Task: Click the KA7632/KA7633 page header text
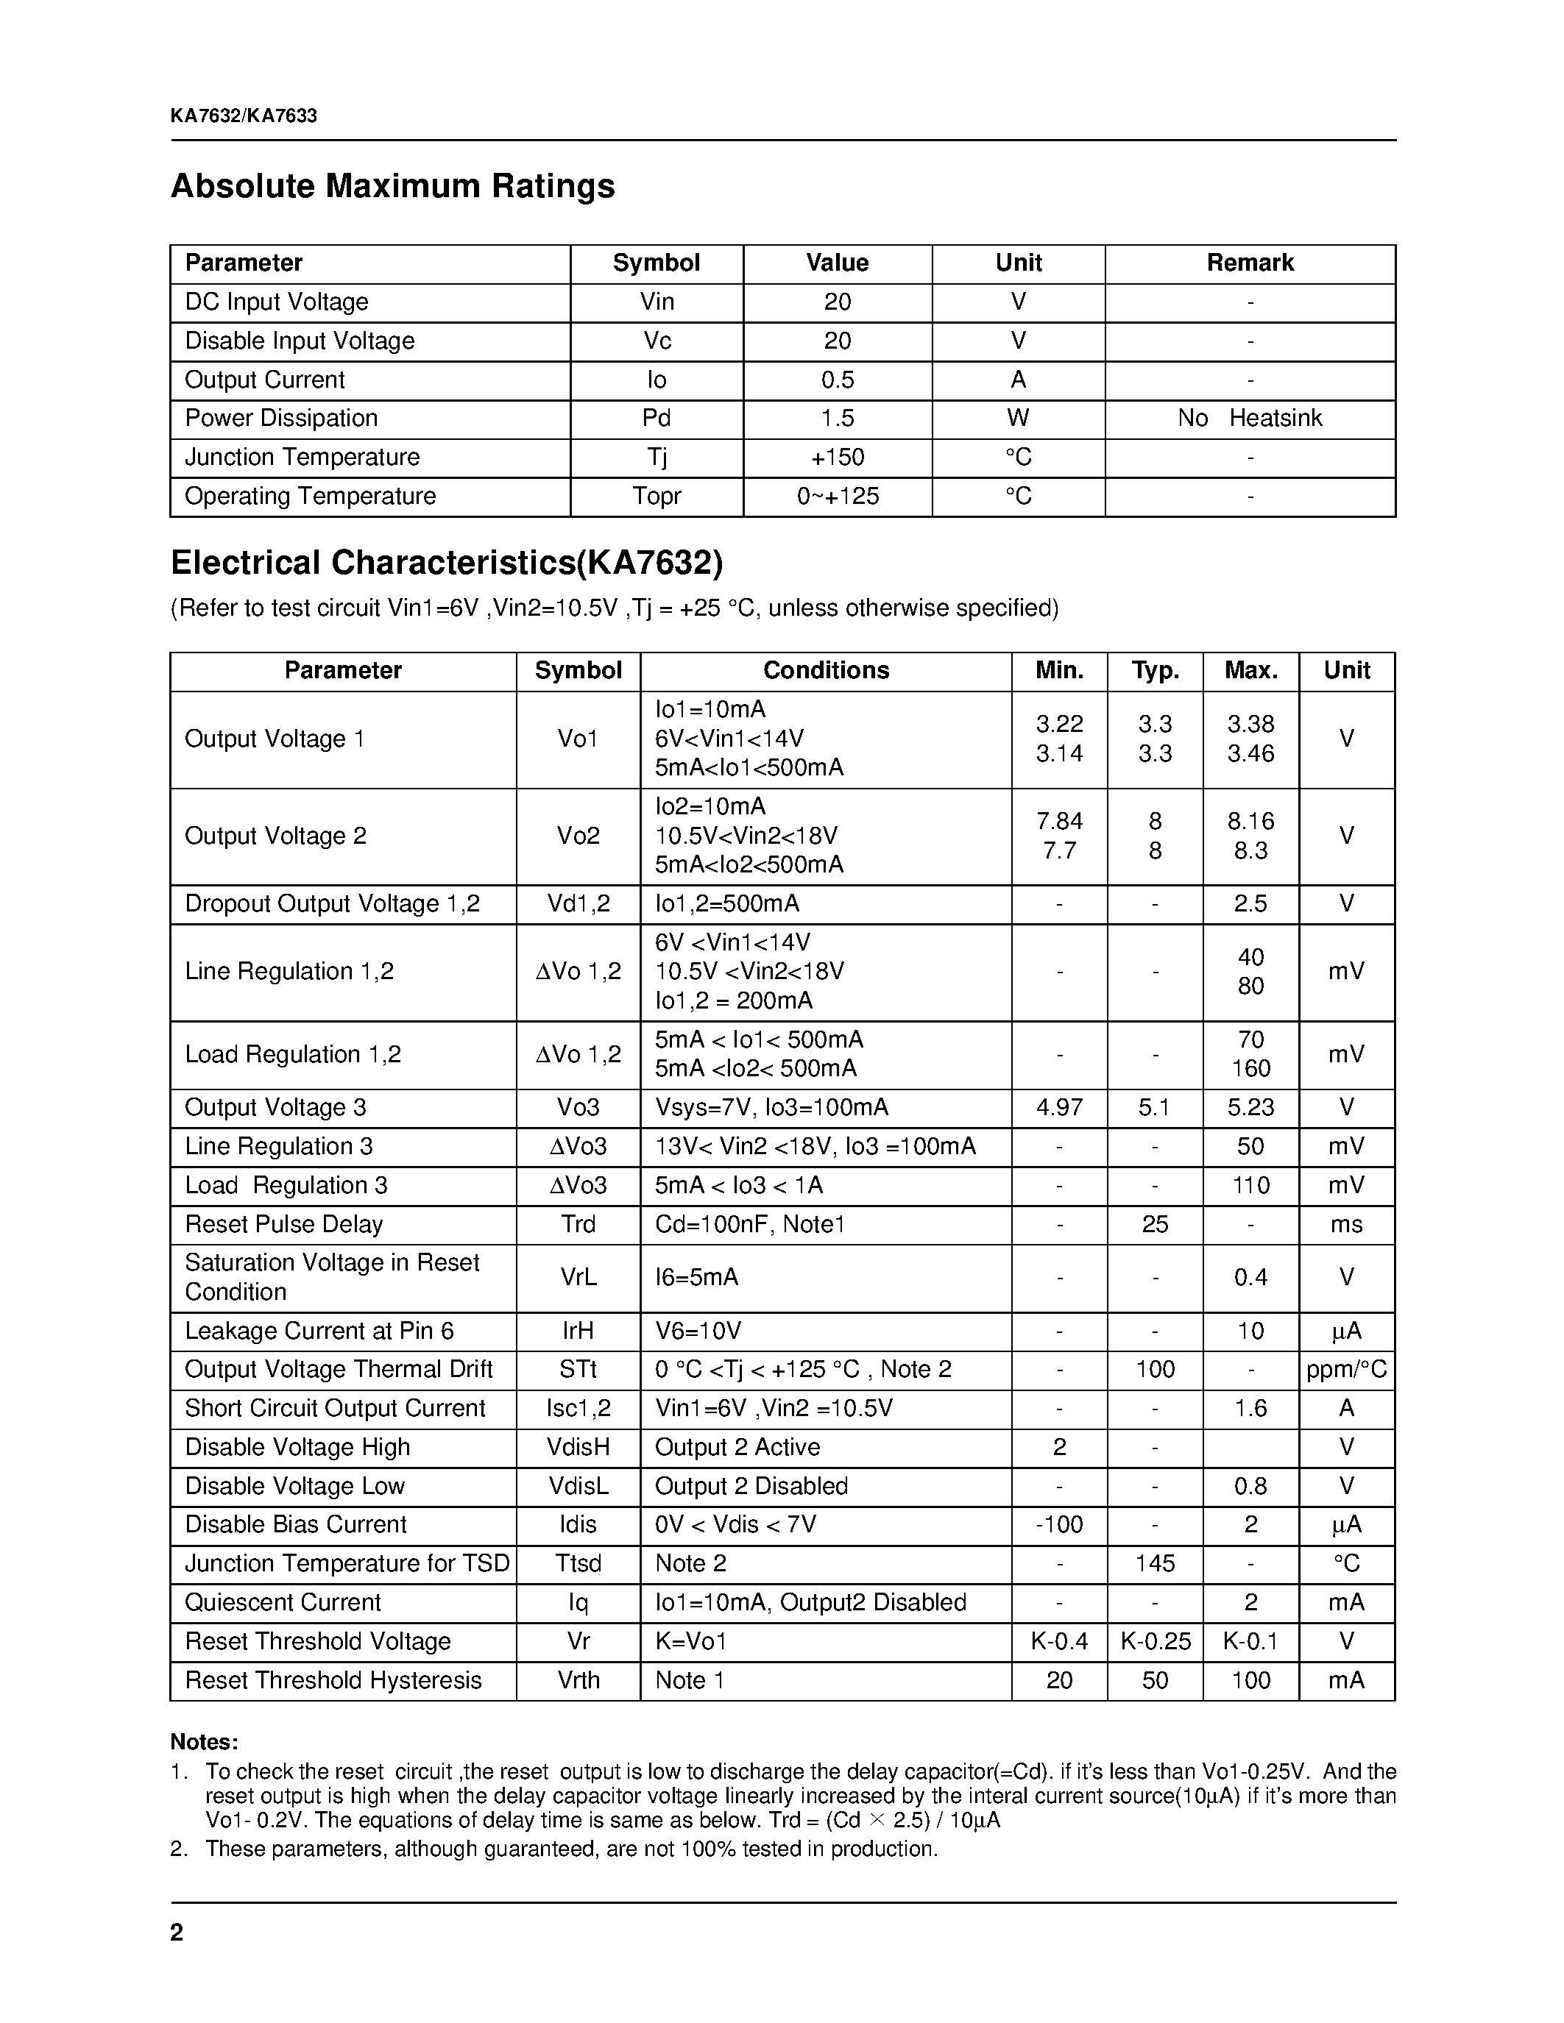pos(244,115)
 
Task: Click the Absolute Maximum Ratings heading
pos(392,186)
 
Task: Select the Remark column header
pos(1249,263)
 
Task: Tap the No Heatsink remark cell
pos(1249,419)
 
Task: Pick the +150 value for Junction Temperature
pos(837,458)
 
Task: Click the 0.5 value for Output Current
pos(837,380)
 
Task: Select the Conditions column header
pos(826,671)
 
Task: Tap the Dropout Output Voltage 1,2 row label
pos(332,904)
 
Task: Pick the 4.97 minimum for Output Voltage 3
pos(1058,1108)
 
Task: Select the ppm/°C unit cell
pos(1346,1370)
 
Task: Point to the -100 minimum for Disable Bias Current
pos(1058,1525)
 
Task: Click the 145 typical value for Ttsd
pos(1155,1563)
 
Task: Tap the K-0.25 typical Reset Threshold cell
pos(1155,1641)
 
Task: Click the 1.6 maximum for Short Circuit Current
pos(1250,1409)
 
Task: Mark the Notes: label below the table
pos(204,1742)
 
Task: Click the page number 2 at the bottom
pos(177,1933)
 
